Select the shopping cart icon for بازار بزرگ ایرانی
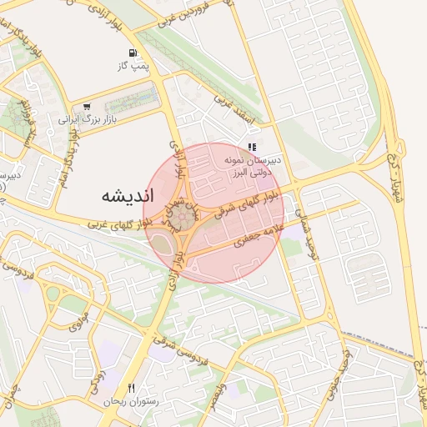tap(87, 107)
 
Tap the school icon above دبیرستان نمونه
tap(252, 146)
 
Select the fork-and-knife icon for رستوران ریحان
tap(130, 388)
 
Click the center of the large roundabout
tap(183, 219)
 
